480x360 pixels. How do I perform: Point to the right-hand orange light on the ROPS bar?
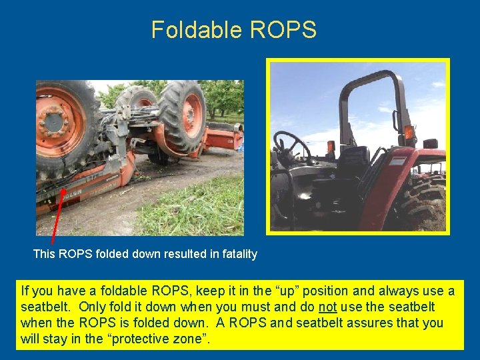(x=409, y=132)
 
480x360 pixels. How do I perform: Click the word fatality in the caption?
(x=237, y=254)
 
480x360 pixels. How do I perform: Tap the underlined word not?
(x=327, y=307)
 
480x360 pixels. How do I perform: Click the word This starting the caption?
(x=45, y=254)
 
